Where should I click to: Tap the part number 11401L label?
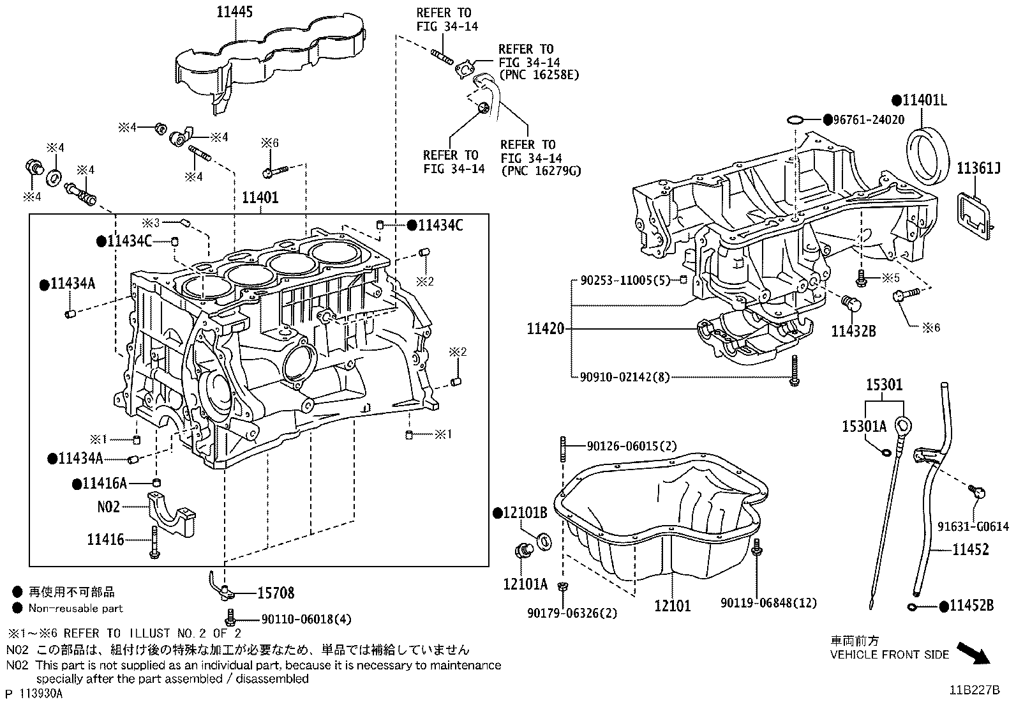pos(924,100)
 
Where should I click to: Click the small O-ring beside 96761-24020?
pos(795,119)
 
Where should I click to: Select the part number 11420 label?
pos(546,329)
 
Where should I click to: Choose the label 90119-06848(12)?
pos(769,602)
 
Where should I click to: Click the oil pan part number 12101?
pos(672,604)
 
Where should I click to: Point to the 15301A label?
pos(864,427)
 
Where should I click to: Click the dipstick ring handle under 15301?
pos(904,425)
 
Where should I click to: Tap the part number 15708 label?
pos(276,593)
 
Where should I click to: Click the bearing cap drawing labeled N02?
pos(171,514)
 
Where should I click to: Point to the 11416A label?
pos(105,484)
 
